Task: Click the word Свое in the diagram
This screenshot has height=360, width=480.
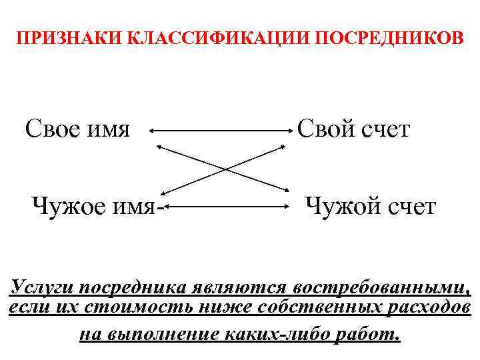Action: tap(55, 128)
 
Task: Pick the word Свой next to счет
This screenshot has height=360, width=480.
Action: tap(326, 128)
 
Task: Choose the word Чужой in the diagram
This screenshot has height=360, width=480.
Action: tap(341, 206)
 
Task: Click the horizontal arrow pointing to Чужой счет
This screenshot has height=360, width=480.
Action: tap(227, 207)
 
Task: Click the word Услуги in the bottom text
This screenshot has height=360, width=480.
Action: tap(42, 287)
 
